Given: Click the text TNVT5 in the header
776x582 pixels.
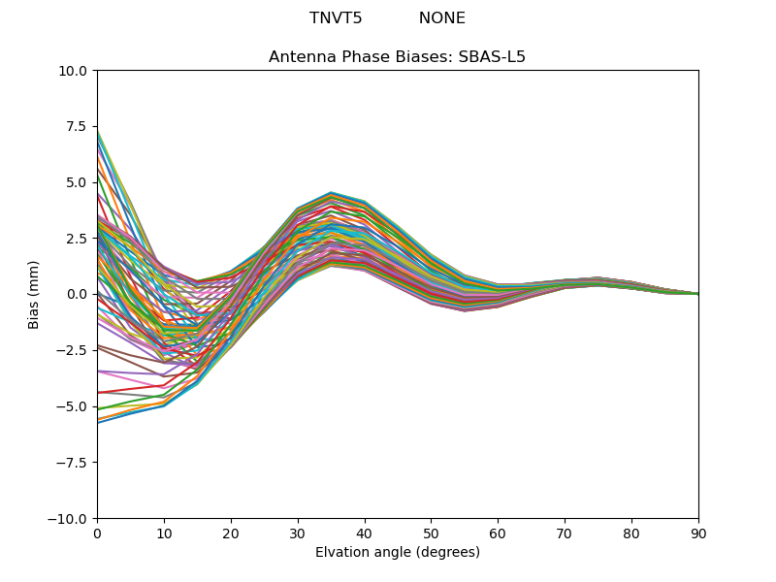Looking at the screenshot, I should (x=336, y=18).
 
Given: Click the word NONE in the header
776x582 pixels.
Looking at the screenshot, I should (x=441, y=18).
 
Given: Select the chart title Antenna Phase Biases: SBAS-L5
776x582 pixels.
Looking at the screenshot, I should (x=397, y=57).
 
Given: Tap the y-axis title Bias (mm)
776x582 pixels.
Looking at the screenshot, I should (x=34, y=294).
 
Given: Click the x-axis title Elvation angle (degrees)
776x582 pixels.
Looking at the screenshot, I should (x=397, y=553).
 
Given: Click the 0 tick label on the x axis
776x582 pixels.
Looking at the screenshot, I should (x=97, y=533).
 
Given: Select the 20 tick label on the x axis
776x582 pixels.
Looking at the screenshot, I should (x=231, y=533).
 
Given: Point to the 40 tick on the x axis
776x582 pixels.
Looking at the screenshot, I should (x=365, y=533).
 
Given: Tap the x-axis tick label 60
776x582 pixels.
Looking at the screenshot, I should (x=498, y=533).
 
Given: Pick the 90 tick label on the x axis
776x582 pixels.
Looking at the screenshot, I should (x=698, y=533).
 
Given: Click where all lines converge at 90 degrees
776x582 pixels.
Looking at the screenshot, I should (x=697, y=294).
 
